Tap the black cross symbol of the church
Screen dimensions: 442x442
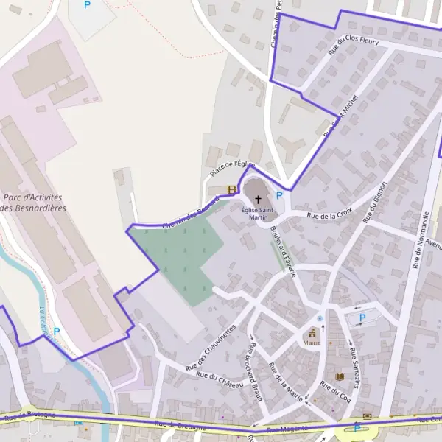[x=258, y=200]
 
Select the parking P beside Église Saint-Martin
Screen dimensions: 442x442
[x=278, y=195]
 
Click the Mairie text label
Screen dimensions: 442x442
[x=311, y=343]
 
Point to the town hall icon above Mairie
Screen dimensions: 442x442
[x=311, y=332]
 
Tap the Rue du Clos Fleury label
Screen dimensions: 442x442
[x=354, y=46]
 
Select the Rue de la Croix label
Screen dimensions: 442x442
[x=329, y=215]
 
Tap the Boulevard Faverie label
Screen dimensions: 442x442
[x=283, y=251]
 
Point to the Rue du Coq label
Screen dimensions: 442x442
[x=335, y=394]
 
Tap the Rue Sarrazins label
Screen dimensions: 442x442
[x=354, y=367]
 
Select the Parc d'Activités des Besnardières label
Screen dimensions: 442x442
[x=33, y=203]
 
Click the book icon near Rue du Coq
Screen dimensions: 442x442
[x=339, y=377]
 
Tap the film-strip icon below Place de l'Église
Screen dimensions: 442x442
[x=232, y=189]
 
